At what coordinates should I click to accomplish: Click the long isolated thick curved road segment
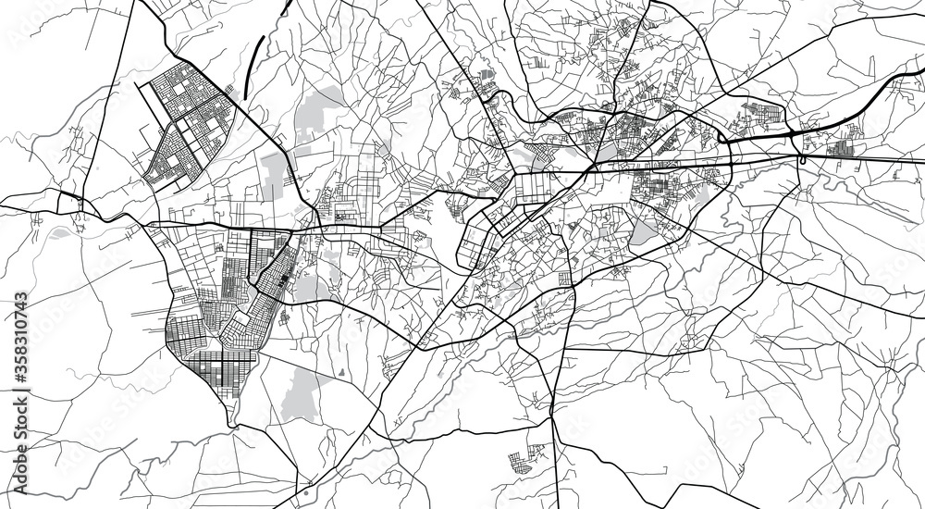point(253,65)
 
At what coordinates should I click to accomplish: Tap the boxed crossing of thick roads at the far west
point(69,202)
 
